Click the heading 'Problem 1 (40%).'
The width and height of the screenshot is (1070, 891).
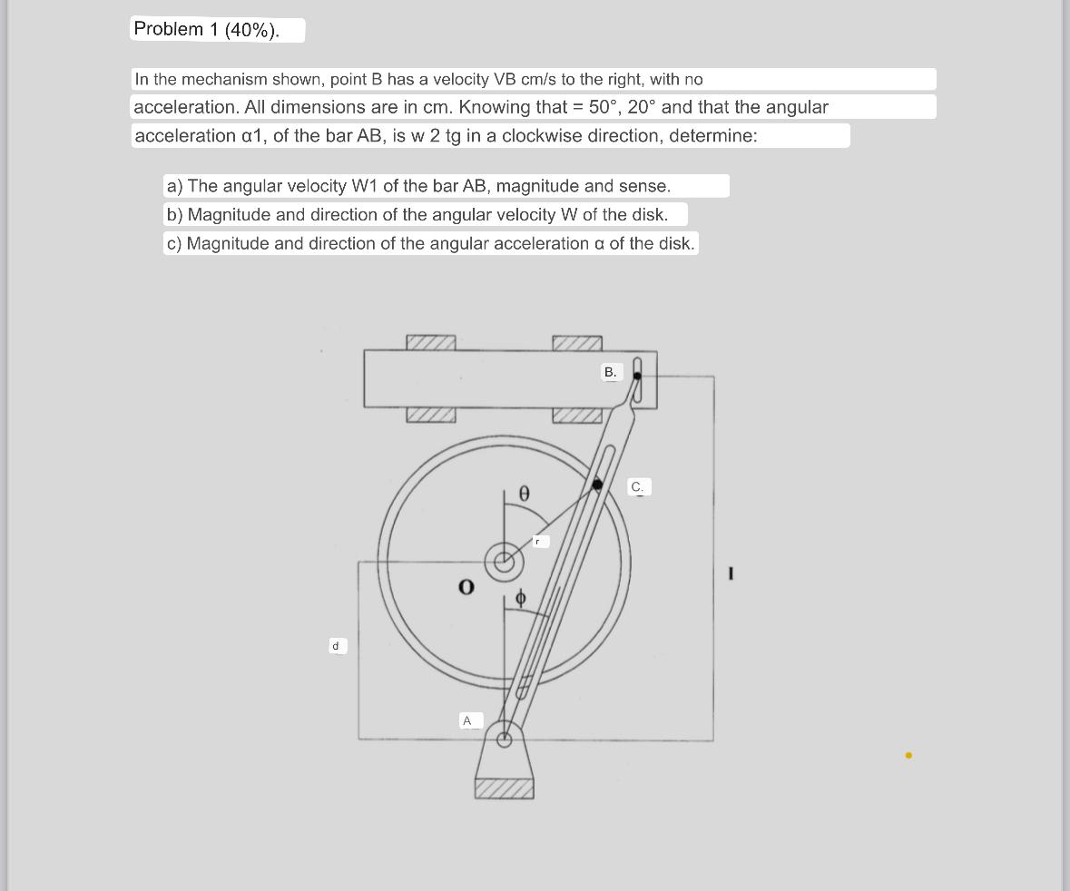(x=206, y=29)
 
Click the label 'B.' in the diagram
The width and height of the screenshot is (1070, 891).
(x=610, y=372)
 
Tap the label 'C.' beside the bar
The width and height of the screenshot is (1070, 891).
(x=637, y=487)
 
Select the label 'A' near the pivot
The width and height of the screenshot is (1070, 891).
(x=467, y=720)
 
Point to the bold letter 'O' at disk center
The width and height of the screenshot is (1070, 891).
(x=466, y=587)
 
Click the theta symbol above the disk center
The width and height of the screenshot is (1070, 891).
(x=524, y=493)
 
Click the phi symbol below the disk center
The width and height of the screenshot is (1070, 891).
(x=520, y=598)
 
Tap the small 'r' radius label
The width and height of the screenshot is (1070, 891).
(x=538, y=542)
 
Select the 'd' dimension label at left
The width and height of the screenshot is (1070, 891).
(x=336, y=646)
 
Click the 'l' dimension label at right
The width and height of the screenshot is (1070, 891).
(x=731, y=573)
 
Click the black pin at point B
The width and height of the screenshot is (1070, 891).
(x=637, y=376)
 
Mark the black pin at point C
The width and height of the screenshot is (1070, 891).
(x=597, y=485)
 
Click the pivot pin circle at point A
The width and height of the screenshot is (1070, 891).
(x=505, y=739)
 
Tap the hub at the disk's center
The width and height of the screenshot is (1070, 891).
(x=504, y=562)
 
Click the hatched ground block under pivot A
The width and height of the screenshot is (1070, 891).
(x=504, y=788)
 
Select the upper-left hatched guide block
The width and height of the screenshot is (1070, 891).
(x=431, y=342)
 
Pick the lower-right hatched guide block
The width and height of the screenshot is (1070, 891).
(x=577, y=416)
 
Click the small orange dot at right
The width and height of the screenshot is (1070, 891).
(x=908, y=755)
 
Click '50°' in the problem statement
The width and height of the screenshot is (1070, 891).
(x=603, y=107)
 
